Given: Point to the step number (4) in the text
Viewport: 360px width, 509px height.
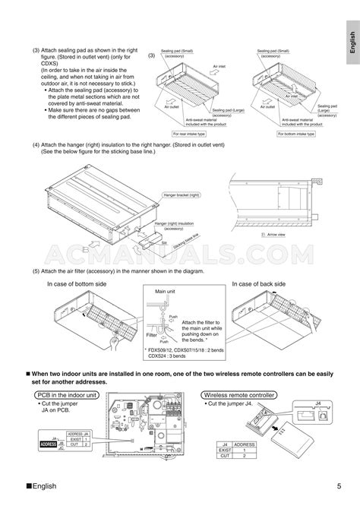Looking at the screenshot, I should point(36,144).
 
